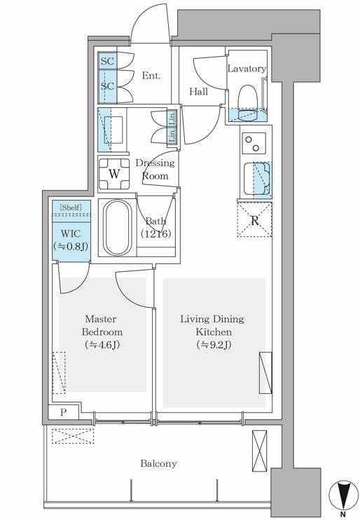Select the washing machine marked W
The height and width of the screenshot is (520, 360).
tap(114, 174)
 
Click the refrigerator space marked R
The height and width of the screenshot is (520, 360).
tap(254, 220)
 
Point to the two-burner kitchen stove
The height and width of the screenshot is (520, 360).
tap(254, 143)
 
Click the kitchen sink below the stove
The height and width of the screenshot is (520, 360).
tap(258, 179)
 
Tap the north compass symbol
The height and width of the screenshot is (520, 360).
tap(342, 496)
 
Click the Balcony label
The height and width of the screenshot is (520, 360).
tap(158, 463)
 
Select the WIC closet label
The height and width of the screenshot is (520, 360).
tap(71, 240)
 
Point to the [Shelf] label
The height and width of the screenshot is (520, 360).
tap(71, 207)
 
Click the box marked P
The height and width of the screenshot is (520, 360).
tap(63, 413)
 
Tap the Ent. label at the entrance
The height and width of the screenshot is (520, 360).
tap(151, 76)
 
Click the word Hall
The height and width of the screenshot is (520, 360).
tap(199, 92)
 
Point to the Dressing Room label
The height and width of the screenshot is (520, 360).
tap(155, 169)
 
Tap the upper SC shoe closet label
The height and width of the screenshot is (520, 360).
tap(107, 62)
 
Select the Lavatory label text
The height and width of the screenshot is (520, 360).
tap(247, 69)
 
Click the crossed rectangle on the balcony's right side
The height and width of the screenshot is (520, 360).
tap(259, 451)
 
